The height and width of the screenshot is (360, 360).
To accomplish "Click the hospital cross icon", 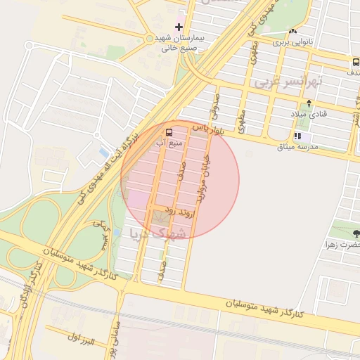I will (179, 27).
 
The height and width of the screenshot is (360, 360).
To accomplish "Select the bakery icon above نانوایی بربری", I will (292, 31).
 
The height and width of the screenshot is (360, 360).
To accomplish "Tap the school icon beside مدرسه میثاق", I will (297, 136).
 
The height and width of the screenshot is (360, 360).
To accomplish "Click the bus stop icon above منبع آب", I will (169, 132).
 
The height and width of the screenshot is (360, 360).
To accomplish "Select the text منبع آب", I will (169, 143).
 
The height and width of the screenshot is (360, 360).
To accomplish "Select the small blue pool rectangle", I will (104, 152).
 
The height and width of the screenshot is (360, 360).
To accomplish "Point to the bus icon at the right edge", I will (355, 62).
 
